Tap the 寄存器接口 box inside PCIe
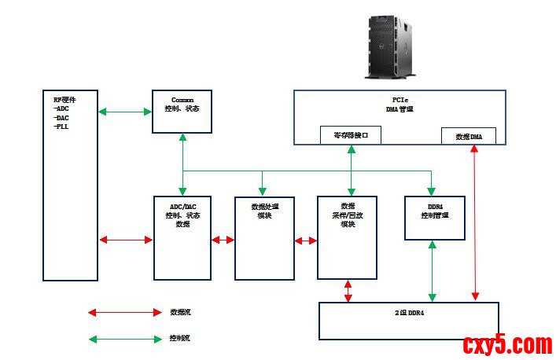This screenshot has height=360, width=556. (351, 135)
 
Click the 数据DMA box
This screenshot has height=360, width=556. (469, 136)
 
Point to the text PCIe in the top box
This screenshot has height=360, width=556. (400, 100)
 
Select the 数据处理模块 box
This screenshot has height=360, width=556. (263, 237)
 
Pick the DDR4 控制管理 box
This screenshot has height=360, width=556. (435, 218)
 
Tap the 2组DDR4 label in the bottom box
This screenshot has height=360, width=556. (410, 312)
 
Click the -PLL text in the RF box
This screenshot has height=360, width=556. (62, 126)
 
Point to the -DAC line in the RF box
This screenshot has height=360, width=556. (62, 117)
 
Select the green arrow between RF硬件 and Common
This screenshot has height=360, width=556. (125, 112)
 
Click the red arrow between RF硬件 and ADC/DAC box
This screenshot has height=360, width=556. (125, 240)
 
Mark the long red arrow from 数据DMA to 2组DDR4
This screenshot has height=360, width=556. (474, 222)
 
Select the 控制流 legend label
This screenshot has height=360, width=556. (180, 338)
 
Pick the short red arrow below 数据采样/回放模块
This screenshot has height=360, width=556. (348, 290)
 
